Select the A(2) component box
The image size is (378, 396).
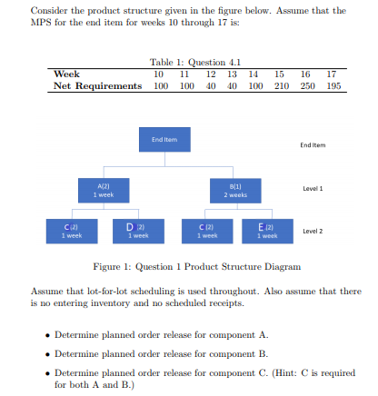pos(104,190)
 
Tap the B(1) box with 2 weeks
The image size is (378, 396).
pos(235,190)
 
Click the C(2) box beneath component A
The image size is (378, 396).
pos(70,229)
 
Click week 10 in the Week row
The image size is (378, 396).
pos(160,74)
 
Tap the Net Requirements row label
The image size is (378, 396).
pos(98,85)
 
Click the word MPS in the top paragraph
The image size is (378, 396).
pos(42,23)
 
